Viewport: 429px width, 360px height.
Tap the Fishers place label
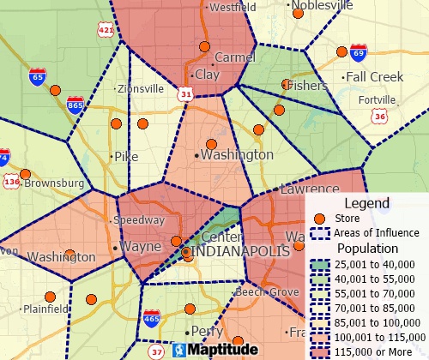(308, 87)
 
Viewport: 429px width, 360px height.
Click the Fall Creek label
(374, 76)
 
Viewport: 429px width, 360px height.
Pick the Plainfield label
(45, 309)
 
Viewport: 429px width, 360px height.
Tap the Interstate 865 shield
(76, 105)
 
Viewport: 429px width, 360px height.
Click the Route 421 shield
(106, 31)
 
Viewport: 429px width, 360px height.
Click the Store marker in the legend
(320, 219)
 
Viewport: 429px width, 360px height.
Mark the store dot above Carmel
(204, 47)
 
